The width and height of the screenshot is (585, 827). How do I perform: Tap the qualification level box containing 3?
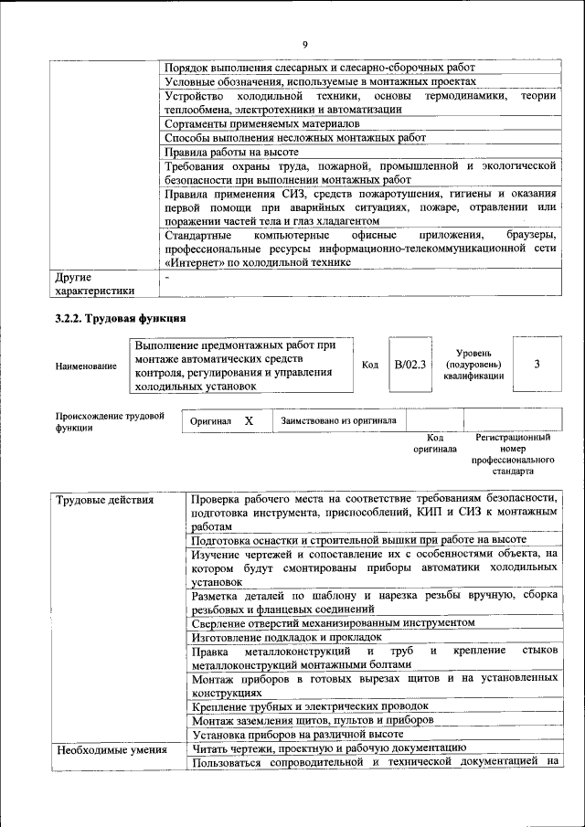tap(537, 364)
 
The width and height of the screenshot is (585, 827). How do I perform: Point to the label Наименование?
tap(86, 366)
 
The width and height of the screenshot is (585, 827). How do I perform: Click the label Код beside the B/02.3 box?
tap(370, 365)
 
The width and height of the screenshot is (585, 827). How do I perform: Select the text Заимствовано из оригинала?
tap(338, 421)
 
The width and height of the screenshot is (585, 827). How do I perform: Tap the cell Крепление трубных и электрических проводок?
tap(309, 705)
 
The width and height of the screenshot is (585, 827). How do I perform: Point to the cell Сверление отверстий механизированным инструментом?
tap(333, 621)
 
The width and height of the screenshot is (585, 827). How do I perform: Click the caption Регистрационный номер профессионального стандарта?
tap(513, 454)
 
